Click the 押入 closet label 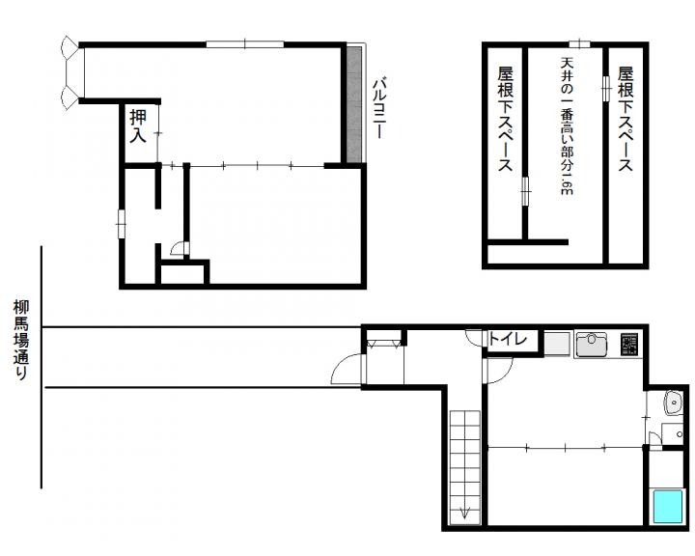(138, 125)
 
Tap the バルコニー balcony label (378, 108)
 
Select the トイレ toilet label (508, 339)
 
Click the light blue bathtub (668, 506)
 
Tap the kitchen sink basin (592, 344)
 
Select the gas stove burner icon (629, 345)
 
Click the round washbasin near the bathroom (674, 403)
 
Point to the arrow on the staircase (465, 513)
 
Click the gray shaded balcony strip (354, 104)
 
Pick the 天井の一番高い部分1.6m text (567, 125)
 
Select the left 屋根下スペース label (505, 119)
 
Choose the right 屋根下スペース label (625, 119)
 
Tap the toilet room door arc (475, 338)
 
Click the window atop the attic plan (580, 43)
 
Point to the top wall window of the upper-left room (244, 43)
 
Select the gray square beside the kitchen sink (557, 344)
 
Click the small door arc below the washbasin (653, 438)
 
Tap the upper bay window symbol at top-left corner (70, 47)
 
